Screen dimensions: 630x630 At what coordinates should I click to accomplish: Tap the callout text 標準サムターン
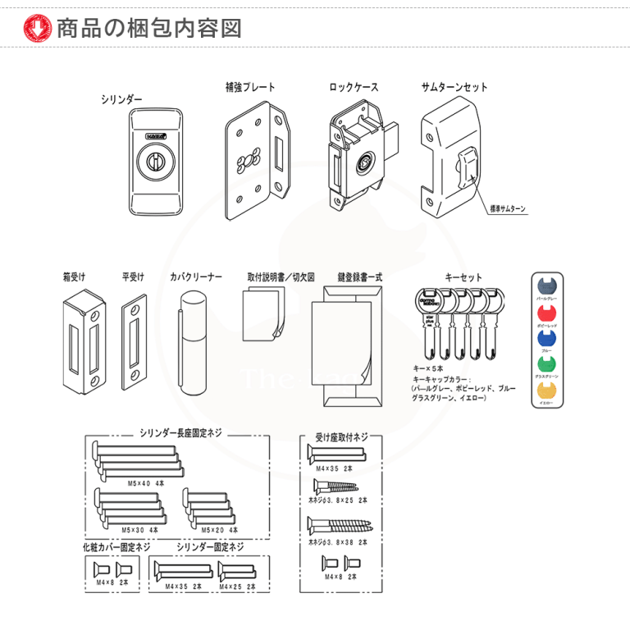(x=508, y=208)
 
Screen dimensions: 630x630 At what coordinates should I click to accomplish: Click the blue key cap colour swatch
(x=546, y=338)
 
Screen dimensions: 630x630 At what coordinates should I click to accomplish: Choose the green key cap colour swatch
(x=546, y=363)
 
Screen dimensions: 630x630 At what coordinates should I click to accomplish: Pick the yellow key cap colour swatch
(x=546, y=390)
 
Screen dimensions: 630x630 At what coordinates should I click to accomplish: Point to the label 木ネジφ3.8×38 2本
(x=337, y=542)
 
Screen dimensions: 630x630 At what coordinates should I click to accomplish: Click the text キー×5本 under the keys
(x=429, y=369)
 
